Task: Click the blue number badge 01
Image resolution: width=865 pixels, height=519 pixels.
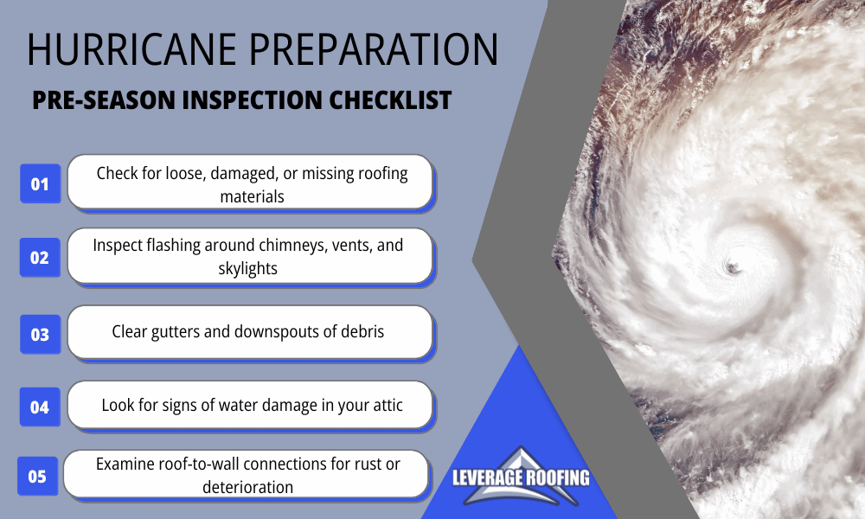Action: pos(40,183)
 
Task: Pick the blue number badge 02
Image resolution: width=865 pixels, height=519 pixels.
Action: pos(40,257)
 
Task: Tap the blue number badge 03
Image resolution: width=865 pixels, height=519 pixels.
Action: pos(40,334)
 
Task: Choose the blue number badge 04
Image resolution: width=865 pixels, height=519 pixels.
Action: pos(40,406)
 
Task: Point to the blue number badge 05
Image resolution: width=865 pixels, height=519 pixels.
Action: pos(37,476)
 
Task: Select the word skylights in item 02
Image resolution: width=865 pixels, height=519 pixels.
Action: pos(248,268)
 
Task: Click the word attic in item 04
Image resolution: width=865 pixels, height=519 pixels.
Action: pos(383,404)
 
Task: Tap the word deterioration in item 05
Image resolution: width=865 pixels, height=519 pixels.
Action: pos(247,487)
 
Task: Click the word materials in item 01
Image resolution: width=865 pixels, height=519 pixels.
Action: pos(252,196)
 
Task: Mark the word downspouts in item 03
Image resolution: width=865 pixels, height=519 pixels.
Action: pos(265,331)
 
